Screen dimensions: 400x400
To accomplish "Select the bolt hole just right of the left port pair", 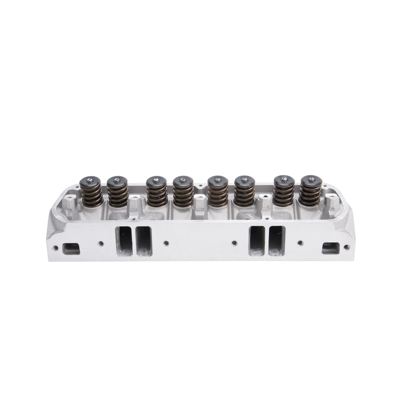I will tap(166, 243).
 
